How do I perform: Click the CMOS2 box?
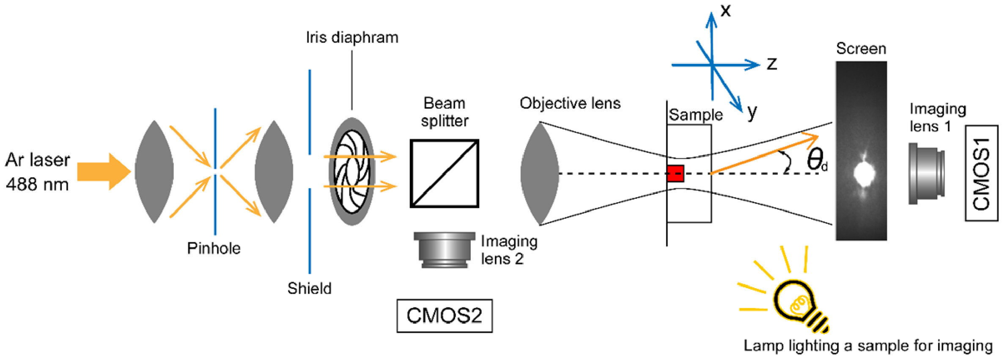pos(444,316)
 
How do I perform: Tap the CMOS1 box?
pos(981,173)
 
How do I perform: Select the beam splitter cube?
pos(444,173)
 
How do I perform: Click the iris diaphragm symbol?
pos(352,171)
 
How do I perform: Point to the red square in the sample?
pos(675,173)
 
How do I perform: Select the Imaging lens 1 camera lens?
pos(926,173)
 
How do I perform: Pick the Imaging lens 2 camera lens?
pos(444,250)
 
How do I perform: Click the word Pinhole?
pos(214,248)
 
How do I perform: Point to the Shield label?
pos(309,289)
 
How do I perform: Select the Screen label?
pos(861,49)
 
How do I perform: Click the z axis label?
pos(772,63)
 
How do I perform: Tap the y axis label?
pos(752,113)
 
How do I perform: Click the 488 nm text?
pos(37,184)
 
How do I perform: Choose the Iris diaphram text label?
pos(352,38)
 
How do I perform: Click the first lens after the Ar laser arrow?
pos(154,171)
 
